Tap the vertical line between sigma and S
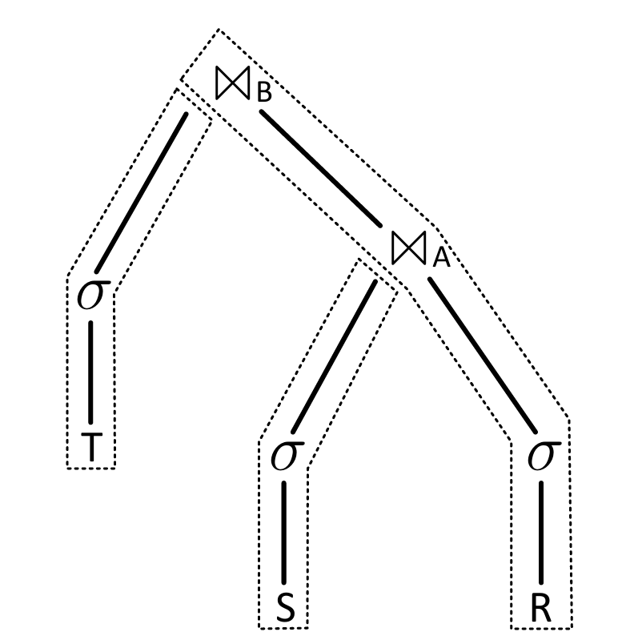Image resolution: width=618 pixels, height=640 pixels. [x=285, y=531]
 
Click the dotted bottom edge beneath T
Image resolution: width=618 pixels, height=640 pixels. [x=90, y=468]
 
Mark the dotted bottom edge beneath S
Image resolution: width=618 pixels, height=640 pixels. [x=282, y=628]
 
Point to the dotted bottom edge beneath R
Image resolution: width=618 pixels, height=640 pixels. [x=542, y=628]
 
